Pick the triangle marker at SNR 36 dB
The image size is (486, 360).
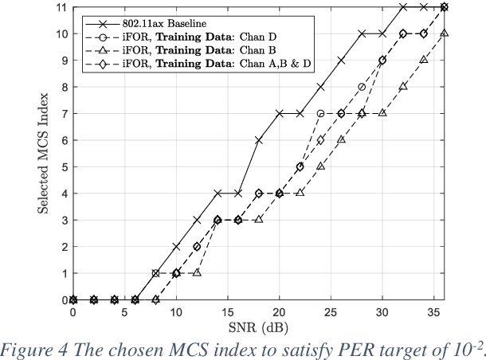click(444, 33)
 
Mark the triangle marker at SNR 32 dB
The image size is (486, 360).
click(403, 87)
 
